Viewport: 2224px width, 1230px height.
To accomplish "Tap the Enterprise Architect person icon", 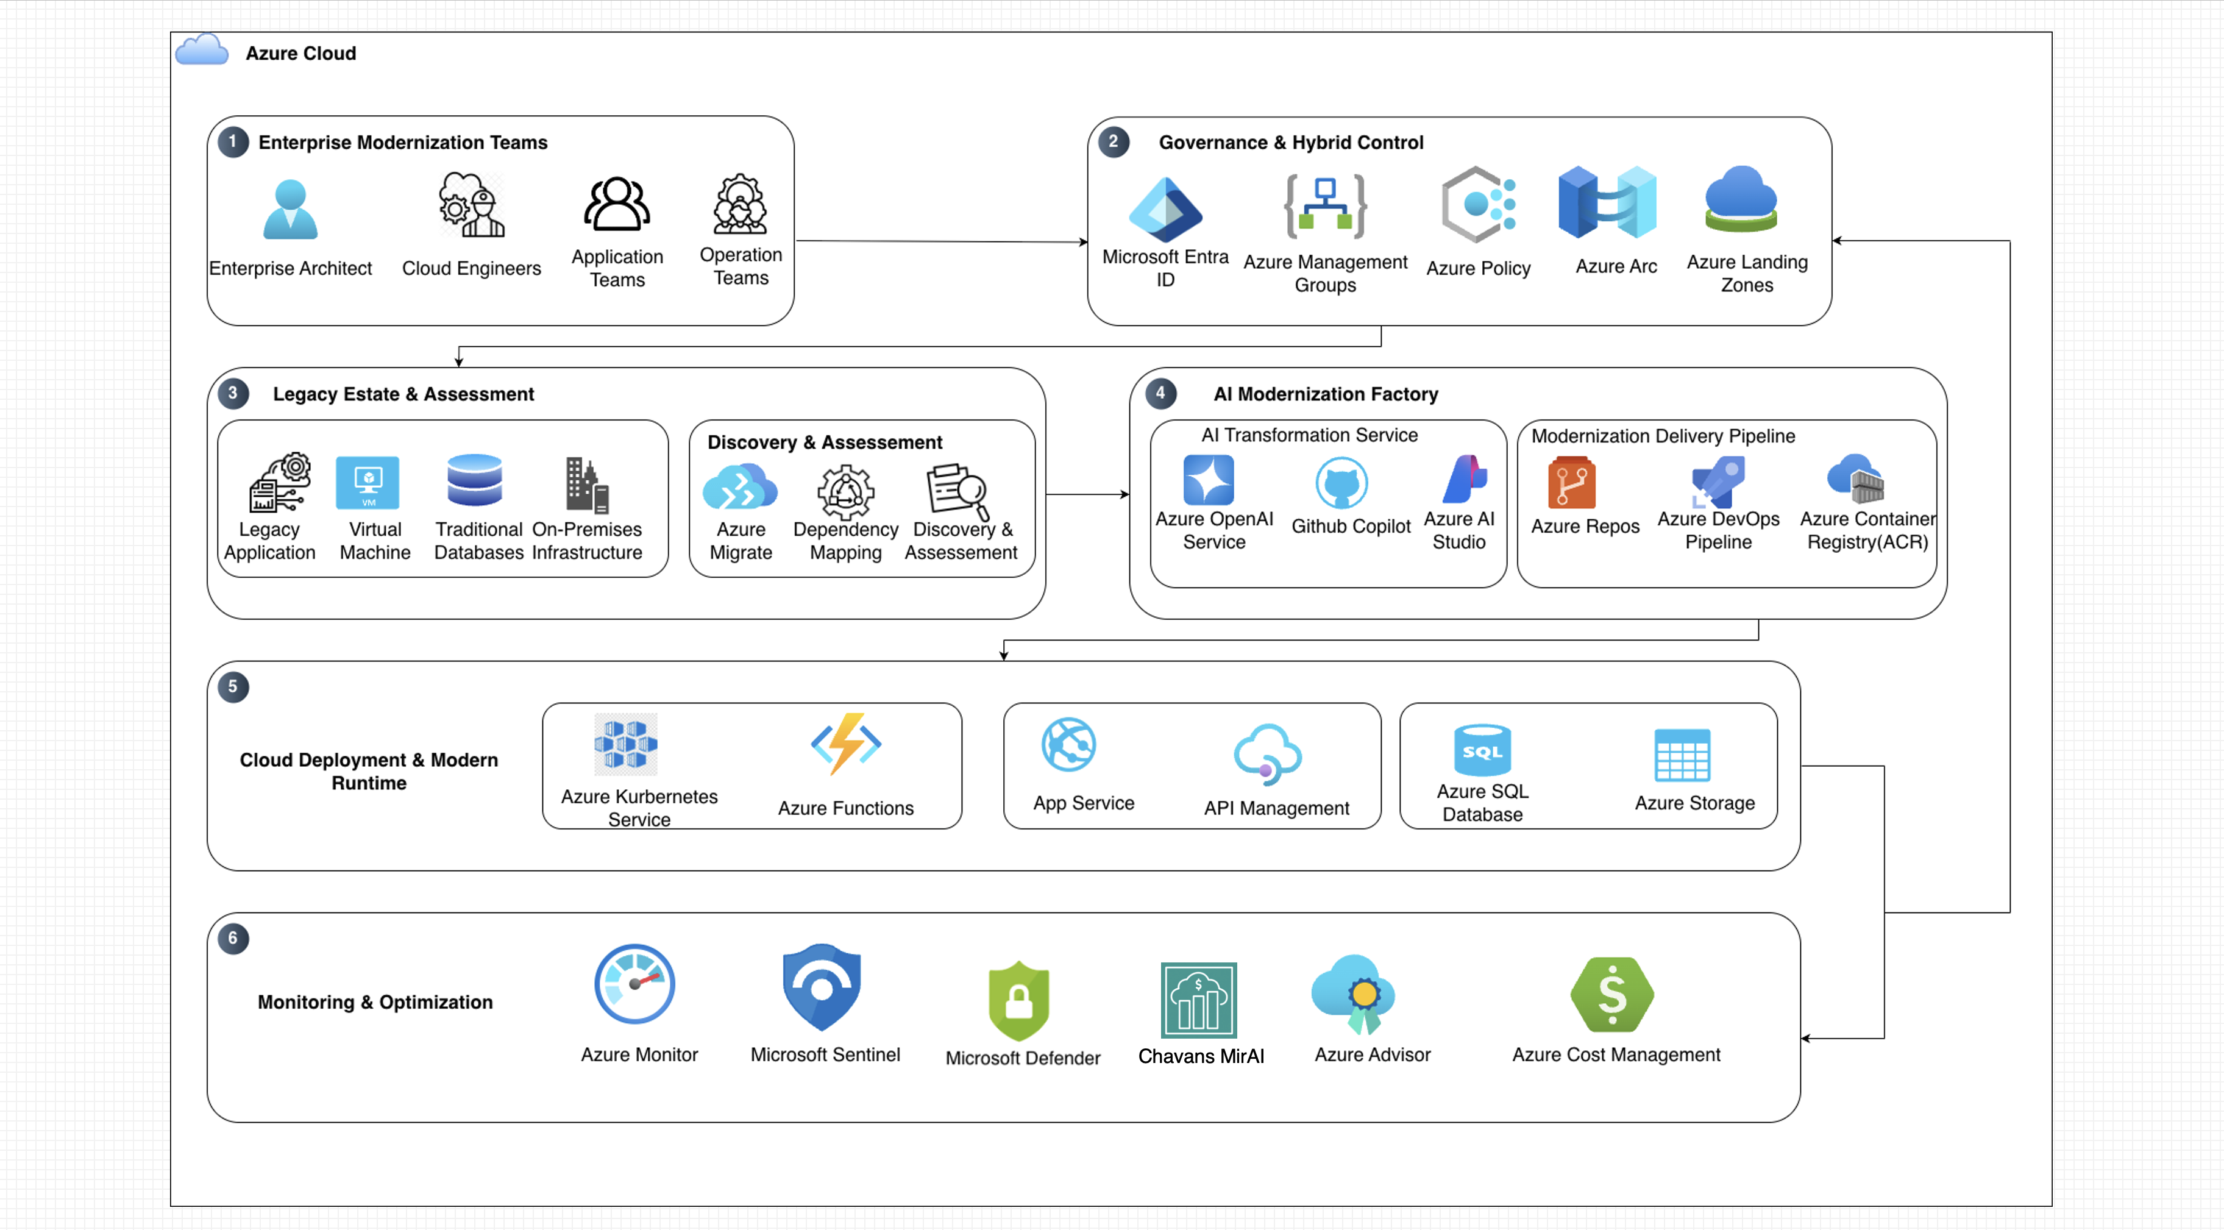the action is [x=290, y=209].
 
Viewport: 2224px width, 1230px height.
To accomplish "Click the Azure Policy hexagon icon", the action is [x=1478, y=205].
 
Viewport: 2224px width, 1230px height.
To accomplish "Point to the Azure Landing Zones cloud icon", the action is [x=1741, y=199].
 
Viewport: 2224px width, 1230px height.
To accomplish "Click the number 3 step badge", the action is [x=232, y=394].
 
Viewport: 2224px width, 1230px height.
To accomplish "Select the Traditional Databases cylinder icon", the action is [x=475, y=480].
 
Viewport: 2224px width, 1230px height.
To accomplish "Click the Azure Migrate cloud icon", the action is [x=740, y=487].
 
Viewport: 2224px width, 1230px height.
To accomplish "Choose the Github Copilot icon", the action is [x=1341, y=483].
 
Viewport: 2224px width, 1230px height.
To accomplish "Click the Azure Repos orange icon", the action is [x=1571, y=483].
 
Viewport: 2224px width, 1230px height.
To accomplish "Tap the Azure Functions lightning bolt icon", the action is [x=846, y=743].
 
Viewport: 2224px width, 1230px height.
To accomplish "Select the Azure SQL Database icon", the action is [x=1482, y=750].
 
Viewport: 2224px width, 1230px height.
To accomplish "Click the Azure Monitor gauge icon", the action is [x=634, y=984].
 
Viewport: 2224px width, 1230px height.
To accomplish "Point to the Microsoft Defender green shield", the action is [x=1019, y=1001].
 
